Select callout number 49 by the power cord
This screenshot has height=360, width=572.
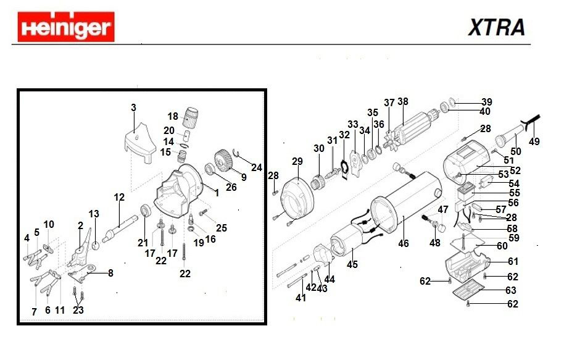(534, 141)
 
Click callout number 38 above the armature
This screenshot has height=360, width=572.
(403, 102)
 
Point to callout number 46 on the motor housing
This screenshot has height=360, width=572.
(403, 243)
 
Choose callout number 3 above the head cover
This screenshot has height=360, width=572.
(133, 107)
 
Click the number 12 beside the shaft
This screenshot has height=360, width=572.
(119, 198)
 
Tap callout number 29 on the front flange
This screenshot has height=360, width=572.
(297, 162)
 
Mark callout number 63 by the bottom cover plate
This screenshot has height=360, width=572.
(512, 290)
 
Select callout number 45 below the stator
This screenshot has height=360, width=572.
(352, 265)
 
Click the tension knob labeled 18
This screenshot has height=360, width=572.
(193, 114)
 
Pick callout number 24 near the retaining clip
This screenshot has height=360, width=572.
(257, 167)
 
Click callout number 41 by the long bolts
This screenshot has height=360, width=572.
(301, 298)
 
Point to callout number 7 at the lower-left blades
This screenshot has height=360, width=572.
(34, 312)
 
